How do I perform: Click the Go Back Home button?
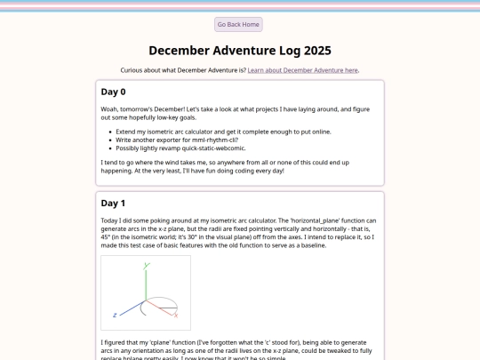click(x=238, y=25)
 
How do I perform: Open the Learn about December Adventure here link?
click(x=303, y=70)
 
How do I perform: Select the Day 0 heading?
click(x=113, y=92)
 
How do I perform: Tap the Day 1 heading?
click(x=113, y=204)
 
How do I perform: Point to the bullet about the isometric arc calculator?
click(x=223, y=132)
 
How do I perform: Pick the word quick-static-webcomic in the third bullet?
click(x=213, y=148)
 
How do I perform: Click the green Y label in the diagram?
click(x=147, y=266)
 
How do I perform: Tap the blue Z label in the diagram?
click(x=115, y=315)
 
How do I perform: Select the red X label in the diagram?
click(x=176, y=316)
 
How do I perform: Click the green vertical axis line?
click(x=146, y=285)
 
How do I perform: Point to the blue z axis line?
click(x=132, y=308)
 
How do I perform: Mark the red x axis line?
click(x=159, y=308)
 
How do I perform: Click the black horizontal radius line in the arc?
click(x=168, y=308)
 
